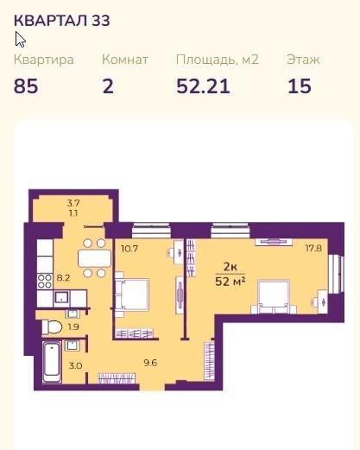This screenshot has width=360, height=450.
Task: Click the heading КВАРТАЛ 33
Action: (x=62, y=21)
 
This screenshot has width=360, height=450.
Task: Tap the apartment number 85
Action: (x=26, y=86)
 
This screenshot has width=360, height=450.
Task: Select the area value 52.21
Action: (x=203, y=86)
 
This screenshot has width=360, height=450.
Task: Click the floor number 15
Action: (x=300, y=86)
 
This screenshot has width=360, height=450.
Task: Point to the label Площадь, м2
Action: (x=218, y=60)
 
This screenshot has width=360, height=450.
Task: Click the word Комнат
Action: (x=125, y=60)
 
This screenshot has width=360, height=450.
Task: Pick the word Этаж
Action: (x=303, y=60)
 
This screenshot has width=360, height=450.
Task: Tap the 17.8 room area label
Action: (x=313, y=248)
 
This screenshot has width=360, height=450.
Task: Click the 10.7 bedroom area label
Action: (x=129, y=249)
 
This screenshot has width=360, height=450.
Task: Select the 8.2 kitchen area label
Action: (x=63, y=278)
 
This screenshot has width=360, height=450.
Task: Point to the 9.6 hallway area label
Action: (x=150, y=363)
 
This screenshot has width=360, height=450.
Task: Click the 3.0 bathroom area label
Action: (x=75, y=366)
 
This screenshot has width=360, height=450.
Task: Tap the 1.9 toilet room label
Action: (x=73, y=326)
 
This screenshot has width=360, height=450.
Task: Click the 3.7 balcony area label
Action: (x=73, y=203)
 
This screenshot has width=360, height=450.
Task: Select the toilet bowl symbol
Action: (x=52, y=327)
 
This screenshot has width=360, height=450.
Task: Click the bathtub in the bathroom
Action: (x=52, y=362)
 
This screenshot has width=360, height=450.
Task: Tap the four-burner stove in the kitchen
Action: (x=45, y=282)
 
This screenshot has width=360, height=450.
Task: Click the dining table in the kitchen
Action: (x=94, y=258)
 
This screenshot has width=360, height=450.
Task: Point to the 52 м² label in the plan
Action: (x=231, y=282)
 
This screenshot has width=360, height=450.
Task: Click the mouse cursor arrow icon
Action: (x=20, y=40)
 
